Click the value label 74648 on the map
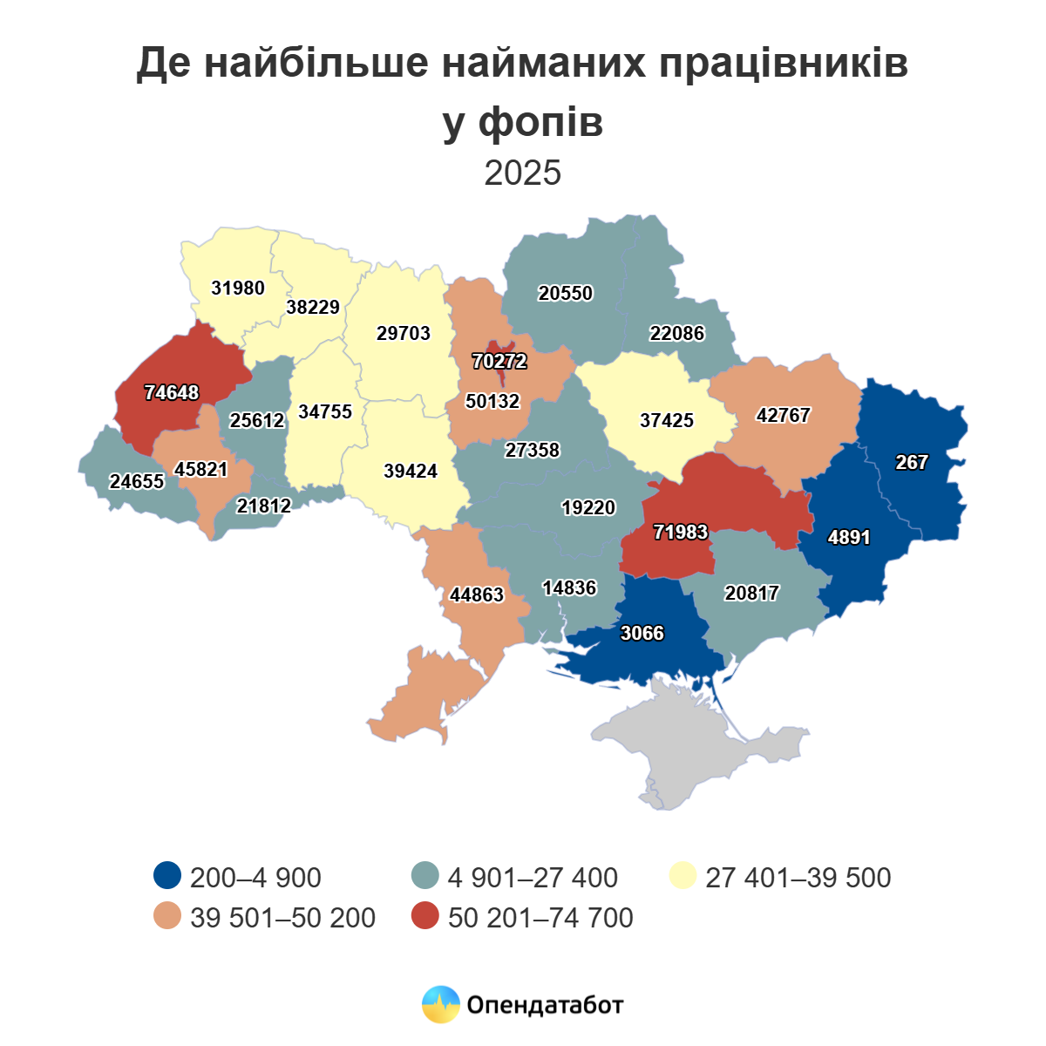point(172,393)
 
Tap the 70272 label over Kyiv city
point(499,361)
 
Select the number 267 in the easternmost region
point(912,463)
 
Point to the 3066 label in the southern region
point(642,634)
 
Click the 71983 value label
point(681,532)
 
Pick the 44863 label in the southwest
point(477,595)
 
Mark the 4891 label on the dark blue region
point(849,538)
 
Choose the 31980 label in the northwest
point(238,288)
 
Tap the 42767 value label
point(783,416)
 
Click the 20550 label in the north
point(566,294)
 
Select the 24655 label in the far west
point(137,482)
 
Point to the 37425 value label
point(667,421)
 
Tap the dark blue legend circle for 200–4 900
point(166,876)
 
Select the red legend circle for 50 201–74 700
point(425,916)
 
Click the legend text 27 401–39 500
point(798,877)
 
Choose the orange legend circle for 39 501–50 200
point(166,916)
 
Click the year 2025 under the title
point(523,173)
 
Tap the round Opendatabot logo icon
point(440,1005)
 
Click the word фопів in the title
point(541,122)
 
